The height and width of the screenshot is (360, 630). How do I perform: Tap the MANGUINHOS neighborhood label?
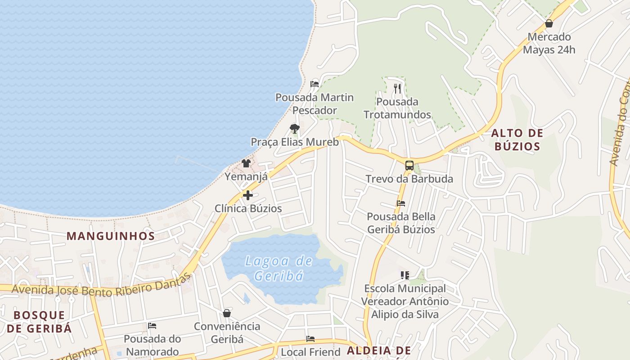pyautogui.click(x=111, y=236)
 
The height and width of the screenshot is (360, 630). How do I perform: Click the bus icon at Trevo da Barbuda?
pyautogui.click(x=409, y=165)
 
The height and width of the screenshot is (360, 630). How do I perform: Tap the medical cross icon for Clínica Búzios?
pyautogui.click(x=247, y=195)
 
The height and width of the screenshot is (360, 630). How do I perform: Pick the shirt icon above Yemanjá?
pyautogui.click(x=246, y=163)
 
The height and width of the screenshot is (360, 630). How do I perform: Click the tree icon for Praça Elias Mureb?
pyautogui.click(x=294, y=129)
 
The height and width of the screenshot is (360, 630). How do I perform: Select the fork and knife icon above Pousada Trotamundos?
pyautogui.click(x=397, y=88)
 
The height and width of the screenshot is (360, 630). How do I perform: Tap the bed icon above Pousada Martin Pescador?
pyautogui.click(x=315, y=84)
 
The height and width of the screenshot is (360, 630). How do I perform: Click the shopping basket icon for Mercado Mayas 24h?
pyautogui.click(x=549, y=23)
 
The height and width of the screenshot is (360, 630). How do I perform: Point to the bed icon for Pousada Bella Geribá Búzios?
pyautogui.click(x=401, y=203)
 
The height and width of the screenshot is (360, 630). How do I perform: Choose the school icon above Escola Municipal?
pyautogui.click(x=405, y=275)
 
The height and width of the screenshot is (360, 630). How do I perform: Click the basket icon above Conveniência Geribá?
pyautogui.click(x=227, y=313)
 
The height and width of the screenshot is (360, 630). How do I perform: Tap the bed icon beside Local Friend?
pyautogui.click(x=310, y=338)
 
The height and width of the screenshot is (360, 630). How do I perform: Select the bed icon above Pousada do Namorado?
pyautogui.click(x=152, y=326)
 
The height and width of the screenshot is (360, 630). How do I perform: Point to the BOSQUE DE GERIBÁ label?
pyautogui.click(x=39, y=321)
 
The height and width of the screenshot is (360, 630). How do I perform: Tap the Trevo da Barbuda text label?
pyautogui.click(x=409, y=179)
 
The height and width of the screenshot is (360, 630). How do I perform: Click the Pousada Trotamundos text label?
pyautogui.click(x=397, y=108)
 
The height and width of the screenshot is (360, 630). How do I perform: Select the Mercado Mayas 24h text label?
pyautogui.click(x=549, y=43)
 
